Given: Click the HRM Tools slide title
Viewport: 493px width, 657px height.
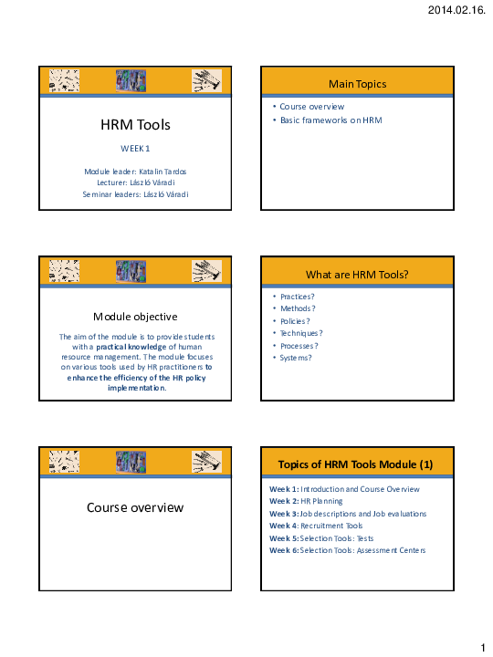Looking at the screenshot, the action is [x=135, y=125].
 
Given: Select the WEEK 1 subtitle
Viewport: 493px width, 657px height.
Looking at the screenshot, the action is [x=135, y=148].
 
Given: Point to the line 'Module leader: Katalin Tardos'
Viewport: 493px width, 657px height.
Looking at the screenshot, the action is [x=135, y=171].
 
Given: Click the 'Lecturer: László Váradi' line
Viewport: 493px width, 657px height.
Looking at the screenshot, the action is [x=135, y=182].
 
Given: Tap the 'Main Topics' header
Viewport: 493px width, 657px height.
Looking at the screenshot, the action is [x=358, y=84].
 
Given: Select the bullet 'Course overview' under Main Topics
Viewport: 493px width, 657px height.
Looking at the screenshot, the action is [x=312, y=107].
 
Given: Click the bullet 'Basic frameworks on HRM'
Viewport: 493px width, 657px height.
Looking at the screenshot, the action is [x=331, y=120].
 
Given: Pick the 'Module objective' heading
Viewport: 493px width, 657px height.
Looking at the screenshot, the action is [x=135, y=317].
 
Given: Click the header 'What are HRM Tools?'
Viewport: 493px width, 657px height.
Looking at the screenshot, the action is [x=358, y=275].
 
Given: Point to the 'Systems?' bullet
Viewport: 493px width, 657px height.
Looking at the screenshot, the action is [x=296, y=358].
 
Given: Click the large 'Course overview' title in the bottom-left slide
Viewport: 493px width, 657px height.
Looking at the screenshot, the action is [x=135, y=507].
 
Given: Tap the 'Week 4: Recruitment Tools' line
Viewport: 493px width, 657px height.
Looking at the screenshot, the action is [x=316, y=526].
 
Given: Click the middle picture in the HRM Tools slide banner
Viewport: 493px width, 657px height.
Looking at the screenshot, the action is [x=131, y=80].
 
